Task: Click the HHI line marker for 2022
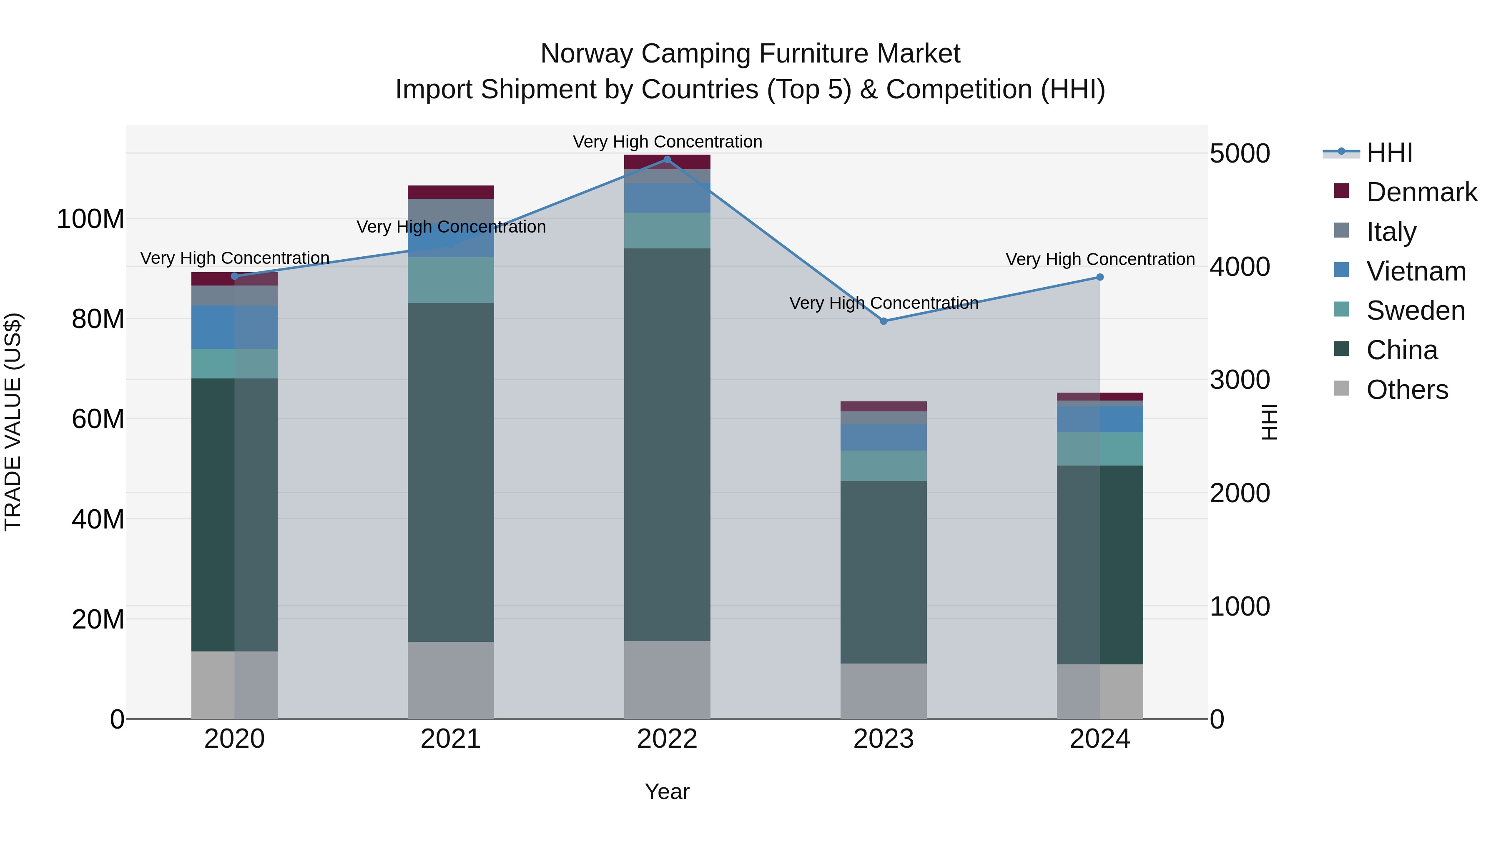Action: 667,160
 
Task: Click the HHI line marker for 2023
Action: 884,321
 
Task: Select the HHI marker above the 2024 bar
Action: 1099,277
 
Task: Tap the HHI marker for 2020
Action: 235,276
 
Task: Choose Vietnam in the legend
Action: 1416,271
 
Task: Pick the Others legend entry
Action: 1407,390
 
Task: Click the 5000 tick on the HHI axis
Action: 1240,154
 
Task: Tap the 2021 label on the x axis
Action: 450,739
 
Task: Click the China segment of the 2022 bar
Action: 667,443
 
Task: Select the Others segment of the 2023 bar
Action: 884,690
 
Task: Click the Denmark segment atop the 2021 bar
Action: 450,192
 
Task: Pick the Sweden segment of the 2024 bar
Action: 1099,448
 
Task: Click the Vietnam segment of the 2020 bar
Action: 235,327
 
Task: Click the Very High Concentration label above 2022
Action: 667,142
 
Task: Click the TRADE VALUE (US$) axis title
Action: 13,422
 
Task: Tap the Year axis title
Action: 667,791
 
